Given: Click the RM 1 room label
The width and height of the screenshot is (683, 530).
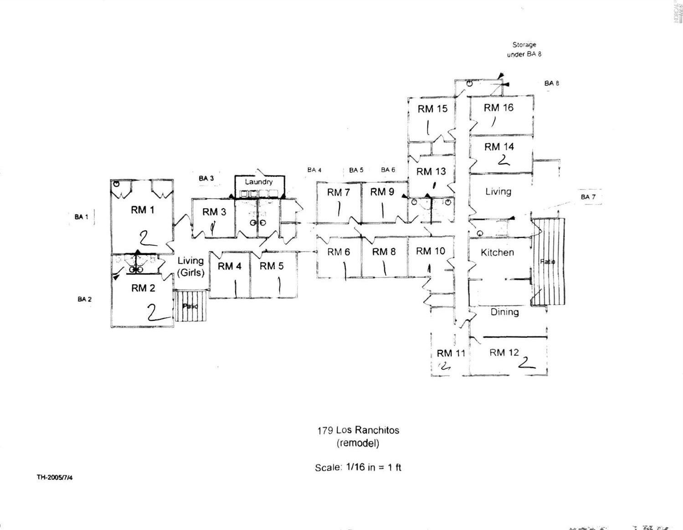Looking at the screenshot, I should [x=143, y=210].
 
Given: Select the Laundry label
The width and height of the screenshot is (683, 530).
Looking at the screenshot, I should [x=258, y=182].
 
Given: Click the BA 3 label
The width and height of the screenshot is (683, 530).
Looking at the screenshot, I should [x=206, y=178].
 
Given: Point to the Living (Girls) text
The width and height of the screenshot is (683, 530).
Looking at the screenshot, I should [x=190, y=266].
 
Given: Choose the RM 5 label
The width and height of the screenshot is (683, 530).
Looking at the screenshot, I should [x=272, y=266].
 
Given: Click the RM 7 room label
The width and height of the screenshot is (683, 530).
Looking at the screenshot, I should [x=338, y=192].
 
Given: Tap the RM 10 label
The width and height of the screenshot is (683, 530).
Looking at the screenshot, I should [x=430, y=251].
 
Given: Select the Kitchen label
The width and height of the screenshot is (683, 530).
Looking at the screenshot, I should [x=497, y=252].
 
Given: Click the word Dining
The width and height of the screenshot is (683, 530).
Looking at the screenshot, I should [x=504, y=312].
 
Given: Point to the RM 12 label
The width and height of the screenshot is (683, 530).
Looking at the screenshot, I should [x=504, y=352].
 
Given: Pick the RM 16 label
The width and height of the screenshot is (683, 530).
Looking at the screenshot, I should [x=498, y=108].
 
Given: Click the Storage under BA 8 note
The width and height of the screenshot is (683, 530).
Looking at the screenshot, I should [x=524, y=50].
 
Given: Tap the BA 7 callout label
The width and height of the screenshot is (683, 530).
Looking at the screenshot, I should [x=588, y=197].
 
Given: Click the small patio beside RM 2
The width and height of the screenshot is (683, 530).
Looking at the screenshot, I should [x=190, y=306].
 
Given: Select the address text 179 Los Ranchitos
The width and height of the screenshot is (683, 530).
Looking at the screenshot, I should [x=358, y=430].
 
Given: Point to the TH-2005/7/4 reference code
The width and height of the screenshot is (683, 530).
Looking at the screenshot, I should [x=55, y=478].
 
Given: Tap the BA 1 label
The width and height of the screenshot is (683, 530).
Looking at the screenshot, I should [x=81, y=216].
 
